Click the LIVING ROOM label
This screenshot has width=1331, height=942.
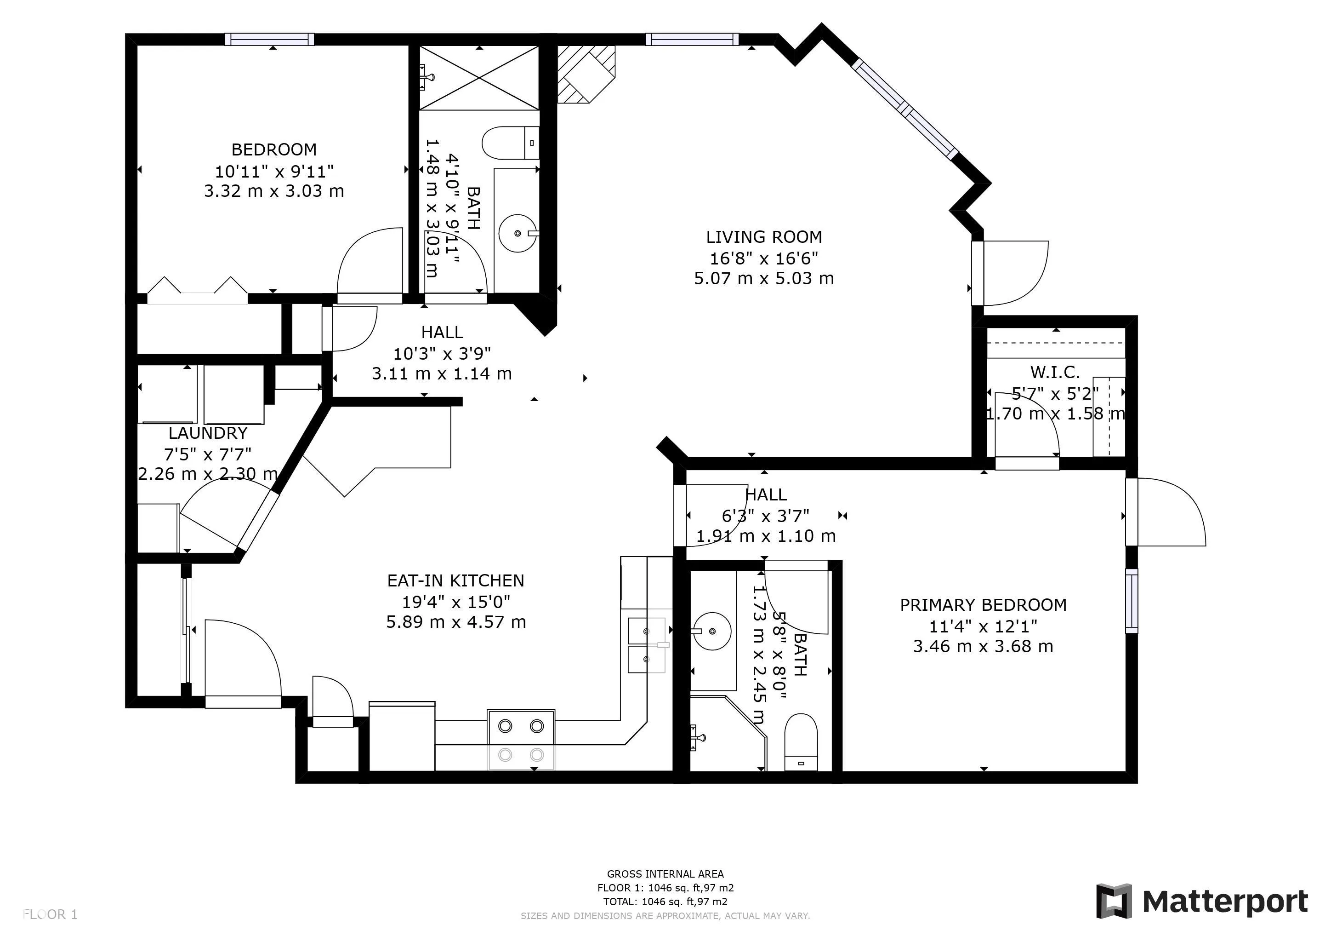[763, 237]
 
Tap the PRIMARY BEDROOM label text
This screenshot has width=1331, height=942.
[983, 605]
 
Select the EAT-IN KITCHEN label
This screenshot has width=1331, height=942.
[455, 580]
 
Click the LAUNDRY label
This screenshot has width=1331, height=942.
[208, 433]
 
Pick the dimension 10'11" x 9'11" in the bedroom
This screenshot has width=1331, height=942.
[274, 171]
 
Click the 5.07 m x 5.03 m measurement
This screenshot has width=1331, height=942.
[763, 278]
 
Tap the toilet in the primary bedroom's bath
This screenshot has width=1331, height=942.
[801, 742]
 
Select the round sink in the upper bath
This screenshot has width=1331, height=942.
[517, 233]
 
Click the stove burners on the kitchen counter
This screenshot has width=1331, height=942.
[521, 740]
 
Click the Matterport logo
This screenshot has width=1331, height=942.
[1202, 902]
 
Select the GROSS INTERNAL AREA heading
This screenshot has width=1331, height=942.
[665, 873]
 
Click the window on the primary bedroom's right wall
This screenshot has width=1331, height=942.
[1132, 600]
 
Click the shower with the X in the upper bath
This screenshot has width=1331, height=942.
[479, 78]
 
